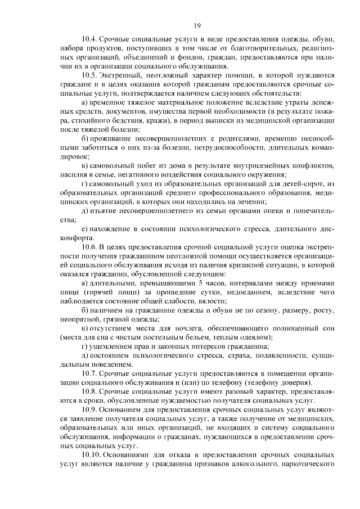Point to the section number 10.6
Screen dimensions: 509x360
[91, 247]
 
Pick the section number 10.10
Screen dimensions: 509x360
[93, 454]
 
